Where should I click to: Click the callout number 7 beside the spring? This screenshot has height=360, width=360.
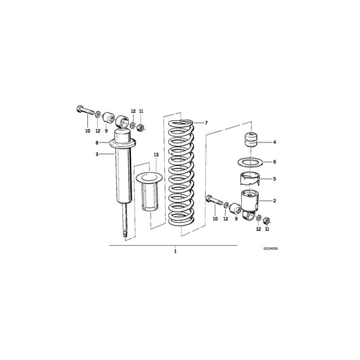[x=207, y=122]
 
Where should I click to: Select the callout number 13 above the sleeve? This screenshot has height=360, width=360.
[x=155, y=155]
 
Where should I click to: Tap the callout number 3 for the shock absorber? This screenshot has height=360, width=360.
[x=97, y=154]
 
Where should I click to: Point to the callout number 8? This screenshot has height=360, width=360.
[x=97, y=143]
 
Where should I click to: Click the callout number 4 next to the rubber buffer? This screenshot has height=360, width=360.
[x=274, y=143]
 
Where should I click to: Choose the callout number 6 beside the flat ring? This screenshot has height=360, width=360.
[x=274, y=162]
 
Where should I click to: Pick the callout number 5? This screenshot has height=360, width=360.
[x=274, y=179]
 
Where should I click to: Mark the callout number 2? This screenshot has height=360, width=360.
[x=274, y=201]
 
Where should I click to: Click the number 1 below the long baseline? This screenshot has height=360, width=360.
[x=175, y=251]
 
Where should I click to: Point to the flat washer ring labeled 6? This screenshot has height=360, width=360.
[x=251, y=163]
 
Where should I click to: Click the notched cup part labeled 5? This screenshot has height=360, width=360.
[x=251, y=180]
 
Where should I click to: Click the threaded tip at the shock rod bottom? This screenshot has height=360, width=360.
[x=124, y=234]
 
